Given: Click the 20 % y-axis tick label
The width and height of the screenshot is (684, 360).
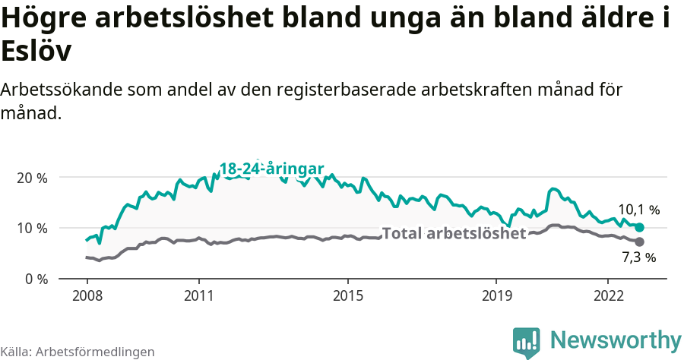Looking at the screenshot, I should tap(32, 178).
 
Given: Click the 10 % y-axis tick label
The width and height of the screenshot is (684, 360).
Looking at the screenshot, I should tap(32, 228).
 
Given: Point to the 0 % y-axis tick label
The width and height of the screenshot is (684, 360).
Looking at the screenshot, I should tap(36, 279).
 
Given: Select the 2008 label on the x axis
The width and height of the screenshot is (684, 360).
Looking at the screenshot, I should tap(87, 295).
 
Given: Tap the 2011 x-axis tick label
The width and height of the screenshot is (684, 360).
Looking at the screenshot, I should tap(198, 295).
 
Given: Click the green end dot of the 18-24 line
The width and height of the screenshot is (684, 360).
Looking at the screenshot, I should tap(640, 227).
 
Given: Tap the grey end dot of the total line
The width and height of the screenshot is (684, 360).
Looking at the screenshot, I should tap(639, 242).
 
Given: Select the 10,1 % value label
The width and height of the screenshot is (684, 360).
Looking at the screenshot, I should tap(638, 210).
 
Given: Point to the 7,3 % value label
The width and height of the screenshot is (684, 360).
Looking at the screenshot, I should tap(638, 258).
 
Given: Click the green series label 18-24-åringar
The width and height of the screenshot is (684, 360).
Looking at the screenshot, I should tap(272, 169).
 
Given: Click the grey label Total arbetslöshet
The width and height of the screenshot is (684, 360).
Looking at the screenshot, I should tap(454, 233).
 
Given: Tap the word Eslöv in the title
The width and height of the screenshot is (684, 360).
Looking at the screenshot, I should tap(36, 52).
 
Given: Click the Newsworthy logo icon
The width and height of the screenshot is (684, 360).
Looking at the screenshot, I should tap(527, 342).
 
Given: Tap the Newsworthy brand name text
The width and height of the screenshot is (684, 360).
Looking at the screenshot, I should tap(616, 339).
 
